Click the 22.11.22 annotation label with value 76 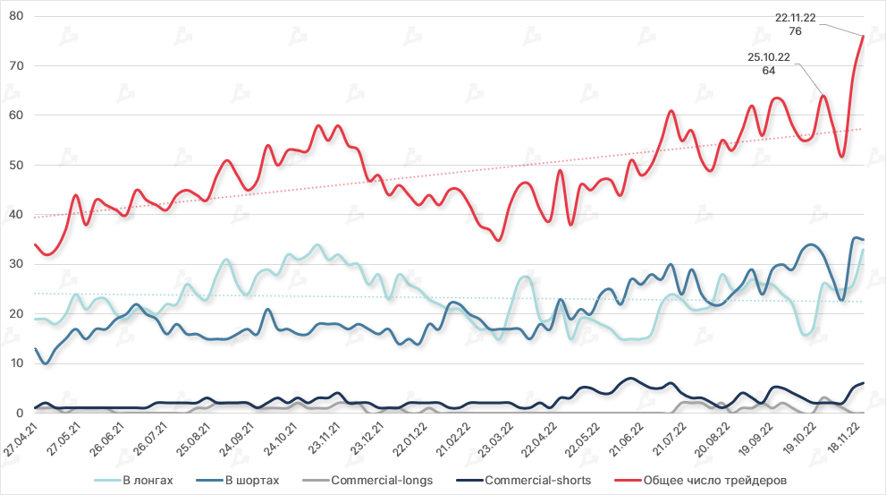796,23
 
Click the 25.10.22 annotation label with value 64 769,64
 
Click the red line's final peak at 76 863,36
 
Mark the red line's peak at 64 823,96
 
